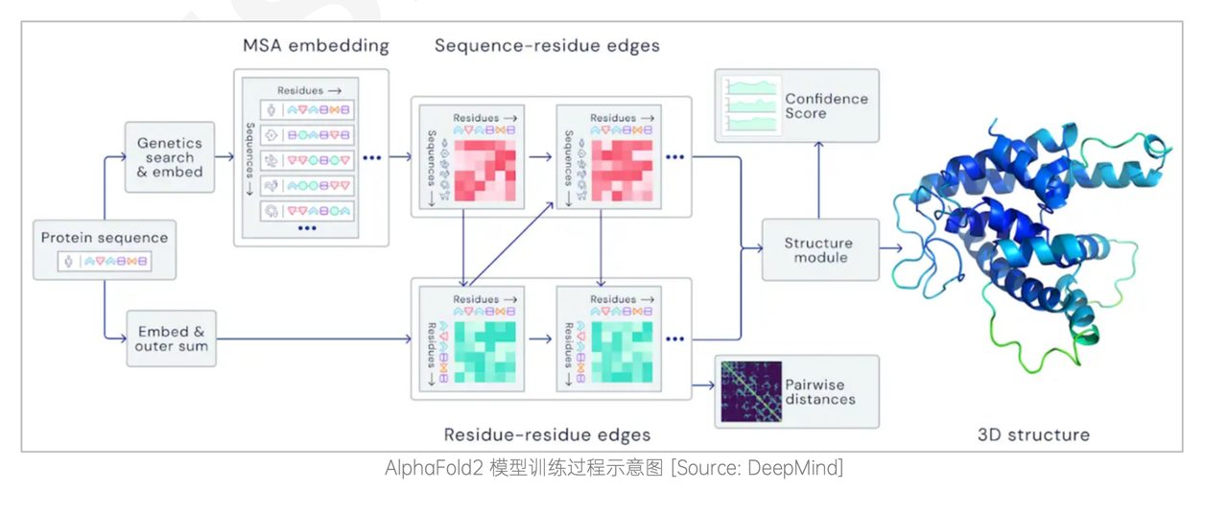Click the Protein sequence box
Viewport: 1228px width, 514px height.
pos(105,249)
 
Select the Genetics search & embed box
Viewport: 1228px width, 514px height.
pos(170,157)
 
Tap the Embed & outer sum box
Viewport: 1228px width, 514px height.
pos(171,339)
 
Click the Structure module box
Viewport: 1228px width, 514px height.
pos(819,250)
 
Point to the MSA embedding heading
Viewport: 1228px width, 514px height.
pos(316,45)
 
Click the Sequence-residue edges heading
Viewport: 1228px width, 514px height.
pos(547,45)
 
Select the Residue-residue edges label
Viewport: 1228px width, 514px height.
pos(547,434)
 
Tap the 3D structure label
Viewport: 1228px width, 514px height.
pos(1032,434)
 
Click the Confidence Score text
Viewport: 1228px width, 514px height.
pos(825,105)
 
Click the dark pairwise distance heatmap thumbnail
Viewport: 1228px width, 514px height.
pos(751,391)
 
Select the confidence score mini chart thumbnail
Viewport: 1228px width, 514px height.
pos(753,105)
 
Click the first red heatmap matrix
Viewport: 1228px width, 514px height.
pos(484,170)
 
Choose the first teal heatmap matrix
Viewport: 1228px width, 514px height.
pos(484,351)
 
